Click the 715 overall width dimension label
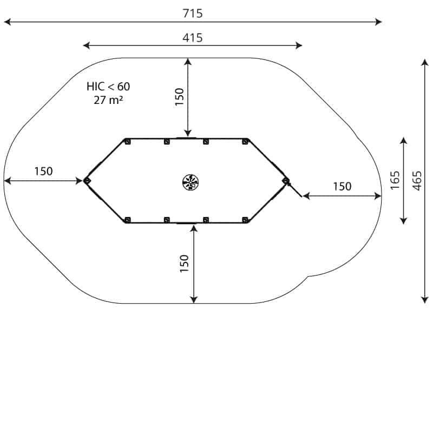tap(193, 13)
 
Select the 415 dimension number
tap(193, 37)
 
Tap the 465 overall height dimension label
tap(417, 181)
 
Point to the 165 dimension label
tap(395, 180)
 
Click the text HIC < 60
tap(108, 87)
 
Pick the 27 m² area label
tap(108, 100)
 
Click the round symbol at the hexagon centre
tap(191, 182)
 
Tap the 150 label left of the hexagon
tap(43, 171)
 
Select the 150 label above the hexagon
tap(179, 97)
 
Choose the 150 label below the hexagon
tap(184, 264)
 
